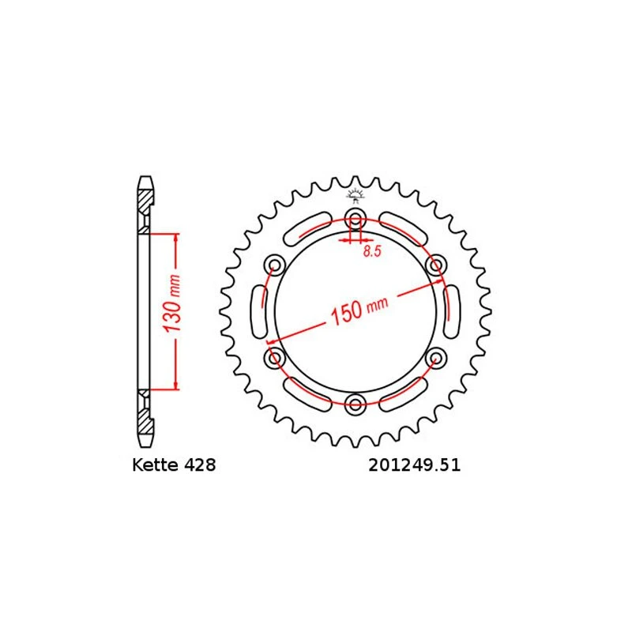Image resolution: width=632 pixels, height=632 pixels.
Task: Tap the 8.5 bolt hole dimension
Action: click(372, 252)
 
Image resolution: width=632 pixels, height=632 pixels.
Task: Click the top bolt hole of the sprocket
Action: click(355, 219)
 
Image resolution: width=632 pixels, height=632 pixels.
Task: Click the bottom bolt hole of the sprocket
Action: click(355, 404)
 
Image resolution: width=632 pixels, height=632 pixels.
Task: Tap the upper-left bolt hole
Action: click(275, 265)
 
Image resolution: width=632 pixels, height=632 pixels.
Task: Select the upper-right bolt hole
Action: click(434, 265)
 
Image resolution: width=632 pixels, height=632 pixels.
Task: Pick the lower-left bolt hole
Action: click(275, 359)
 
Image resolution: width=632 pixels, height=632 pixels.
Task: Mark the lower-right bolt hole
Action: click(434, 359)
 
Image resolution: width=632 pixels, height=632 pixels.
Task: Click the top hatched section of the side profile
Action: click(145, 207)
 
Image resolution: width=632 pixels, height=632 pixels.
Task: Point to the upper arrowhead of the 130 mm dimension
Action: click(175, 238)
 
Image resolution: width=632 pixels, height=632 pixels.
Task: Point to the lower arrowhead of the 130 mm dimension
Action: click(175, 385)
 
